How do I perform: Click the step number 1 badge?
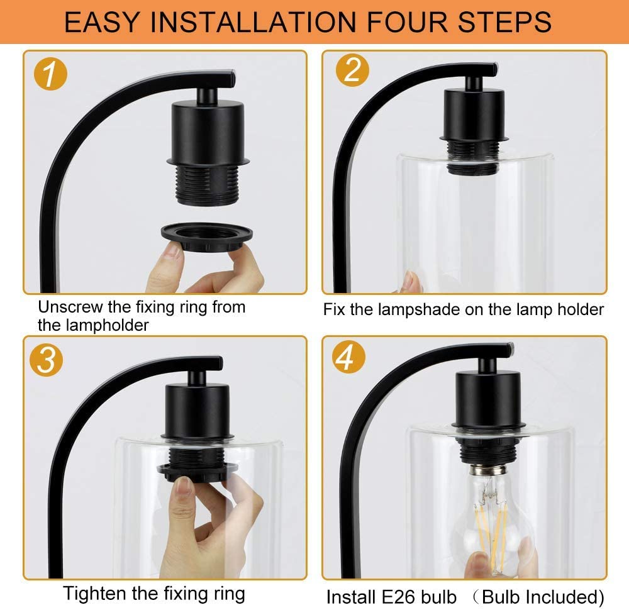(x=50, y=74)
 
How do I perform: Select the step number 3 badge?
(x=46, y=360)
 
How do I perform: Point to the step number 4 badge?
(x=348, y=357)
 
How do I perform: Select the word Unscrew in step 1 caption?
(x=70, y=308)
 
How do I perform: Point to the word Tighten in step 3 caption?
(x=94, y=594)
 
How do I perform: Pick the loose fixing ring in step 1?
(x=206, y=238)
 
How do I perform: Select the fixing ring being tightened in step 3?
(x=196, y=471)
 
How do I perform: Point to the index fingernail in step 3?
(x=184, y=487)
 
